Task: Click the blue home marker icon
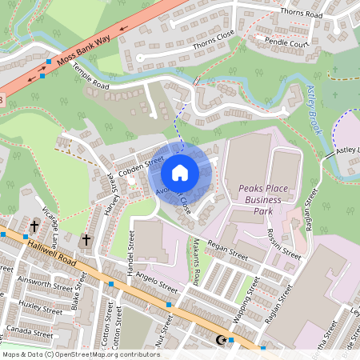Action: click(x=180, y=172)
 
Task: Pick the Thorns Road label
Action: click(x=300, y=14)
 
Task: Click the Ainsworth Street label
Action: click(x=46, y=284)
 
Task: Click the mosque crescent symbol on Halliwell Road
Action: click(x=222, y=340)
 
